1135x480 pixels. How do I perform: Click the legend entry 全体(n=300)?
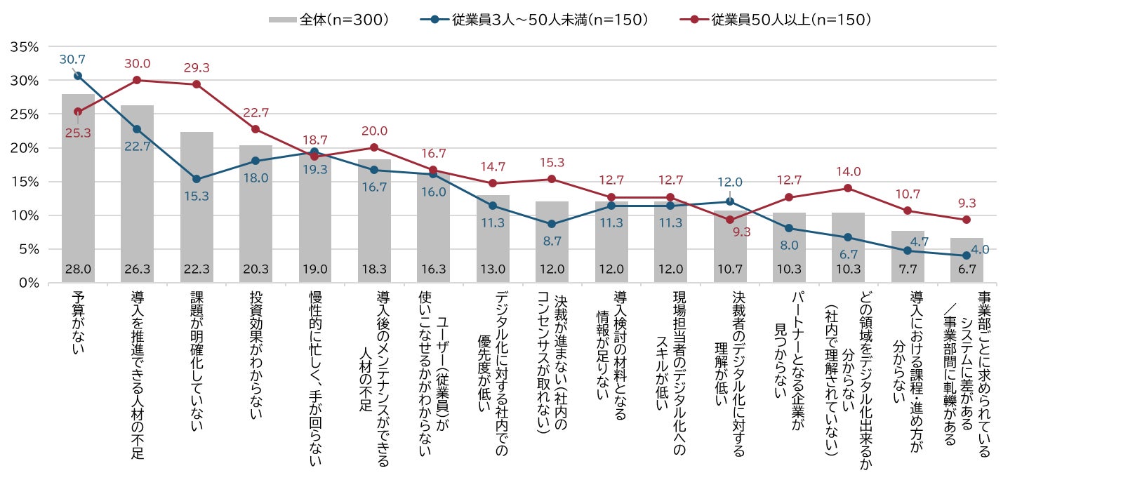tap(330, 20)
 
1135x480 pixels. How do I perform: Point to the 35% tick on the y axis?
tap(25, 47)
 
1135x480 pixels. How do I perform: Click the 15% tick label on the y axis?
tap(25, 182)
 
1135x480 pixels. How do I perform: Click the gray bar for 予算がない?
tap(78, 189)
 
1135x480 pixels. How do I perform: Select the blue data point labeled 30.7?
tap(78, 76)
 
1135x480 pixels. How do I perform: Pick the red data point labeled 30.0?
tap(137, 80)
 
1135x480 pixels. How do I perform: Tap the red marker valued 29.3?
tap(197, 84)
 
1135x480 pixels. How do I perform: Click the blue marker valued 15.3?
tap(197, 179)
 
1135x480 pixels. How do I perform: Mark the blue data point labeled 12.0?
tap(730, 201)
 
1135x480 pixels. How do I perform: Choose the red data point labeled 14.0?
tap(848, 188)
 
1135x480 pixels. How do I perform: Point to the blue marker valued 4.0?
tap(967, 255)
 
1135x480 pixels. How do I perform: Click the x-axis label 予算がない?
tap(78, 323)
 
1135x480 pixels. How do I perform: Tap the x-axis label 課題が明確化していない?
tap(197, 361)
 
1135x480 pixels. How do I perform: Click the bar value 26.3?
tap(137, 269)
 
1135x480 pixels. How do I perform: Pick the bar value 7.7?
tap(908, 269)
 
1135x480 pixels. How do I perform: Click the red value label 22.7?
tap(255, 112)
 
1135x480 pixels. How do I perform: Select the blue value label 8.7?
tap(552, 241)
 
